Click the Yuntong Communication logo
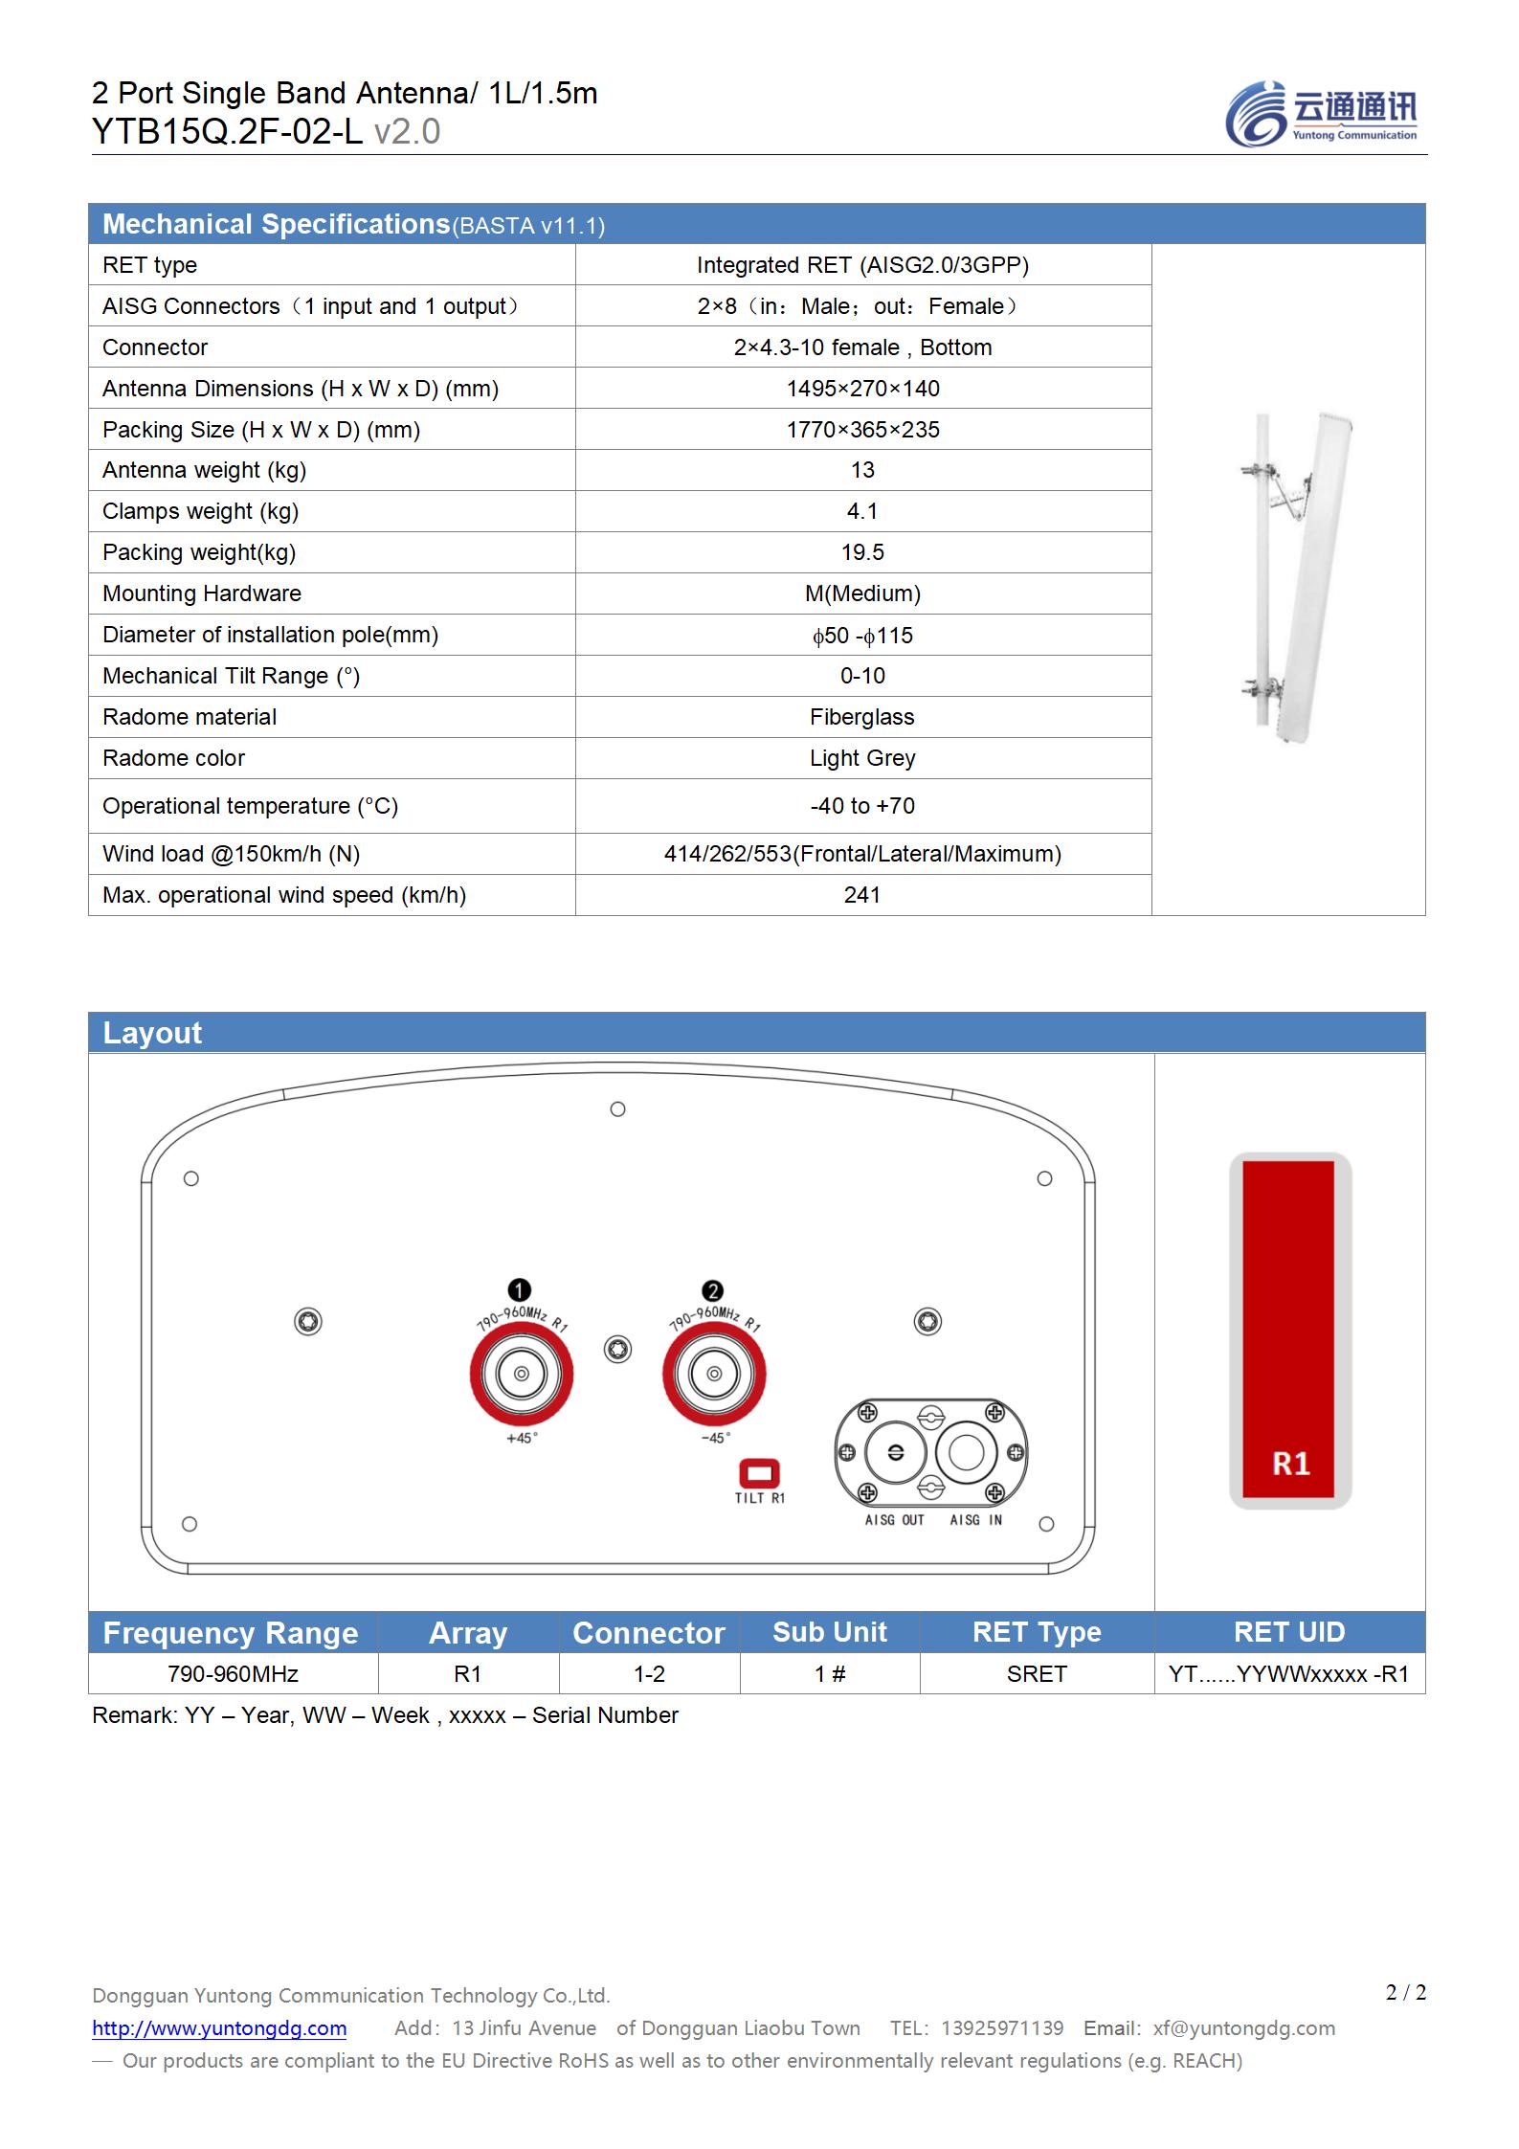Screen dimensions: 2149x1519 point(1321,114)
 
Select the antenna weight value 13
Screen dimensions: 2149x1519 point(862,470)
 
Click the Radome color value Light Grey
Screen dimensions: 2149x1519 point(862,758)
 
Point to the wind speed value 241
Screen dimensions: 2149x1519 point(862,895)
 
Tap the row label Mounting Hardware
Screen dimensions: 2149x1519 point(202,593)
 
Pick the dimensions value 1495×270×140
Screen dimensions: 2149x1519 point(862,389)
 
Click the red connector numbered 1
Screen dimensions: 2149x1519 point(522,1375)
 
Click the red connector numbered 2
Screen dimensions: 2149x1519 point(714,1375)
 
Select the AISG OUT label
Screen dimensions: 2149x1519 point(894,1520)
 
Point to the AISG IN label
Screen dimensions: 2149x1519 point(975,1520)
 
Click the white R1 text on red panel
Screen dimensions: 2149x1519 point(1290,1464)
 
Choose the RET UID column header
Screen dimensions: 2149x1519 point(1289,1632)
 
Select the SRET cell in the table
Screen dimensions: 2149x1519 point(1037,1674)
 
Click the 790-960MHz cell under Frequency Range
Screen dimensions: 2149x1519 point(233,1674)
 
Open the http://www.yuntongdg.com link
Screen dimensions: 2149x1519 point(219,2028)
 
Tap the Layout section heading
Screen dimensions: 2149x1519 point(152,1033)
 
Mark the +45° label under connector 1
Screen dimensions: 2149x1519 point(522,1439)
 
